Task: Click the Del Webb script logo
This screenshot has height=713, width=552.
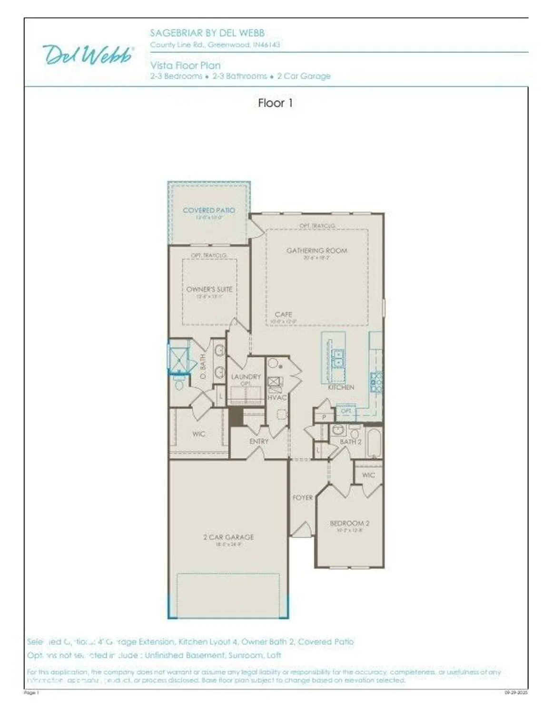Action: coord(88,55)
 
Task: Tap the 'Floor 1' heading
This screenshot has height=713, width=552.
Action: coord(275,103)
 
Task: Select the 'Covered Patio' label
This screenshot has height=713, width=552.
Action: coord(208,210)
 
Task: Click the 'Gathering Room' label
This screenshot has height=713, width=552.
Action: coord(316,251)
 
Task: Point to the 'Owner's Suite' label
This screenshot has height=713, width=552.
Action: coord(209,289)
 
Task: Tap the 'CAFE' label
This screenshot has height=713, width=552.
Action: coord(283,314)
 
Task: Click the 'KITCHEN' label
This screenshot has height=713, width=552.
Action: coord(341,387)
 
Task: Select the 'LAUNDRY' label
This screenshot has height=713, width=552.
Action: coord(246,376)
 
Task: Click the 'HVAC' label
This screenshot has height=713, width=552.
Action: coord(276,397)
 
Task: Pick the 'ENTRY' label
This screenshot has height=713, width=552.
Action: coord(259,442)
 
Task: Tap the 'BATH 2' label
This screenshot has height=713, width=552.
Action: coord(350,442)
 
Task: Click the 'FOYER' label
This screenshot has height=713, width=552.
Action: coord(302,498)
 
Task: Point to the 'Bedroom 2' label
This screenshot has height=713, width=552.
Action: coord(349,523)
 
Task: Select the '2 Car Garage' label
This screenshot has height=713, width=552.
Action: coord(228,537)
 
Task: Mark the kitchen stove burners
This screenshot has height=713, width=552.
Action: coord(376,382)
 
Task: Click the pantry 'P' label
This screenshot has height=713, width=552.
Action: coord(324,417)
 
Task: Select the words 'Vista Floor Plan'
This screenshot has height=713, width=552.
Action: coord(185,65)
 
